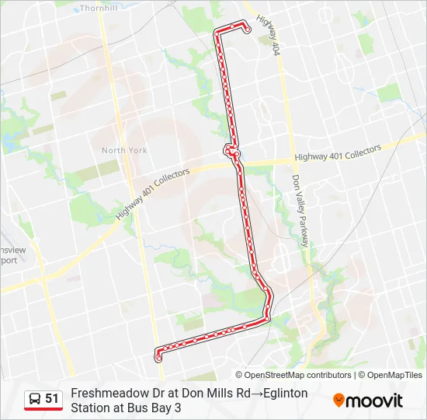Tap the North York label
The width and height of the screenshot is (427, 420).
click(123, 150)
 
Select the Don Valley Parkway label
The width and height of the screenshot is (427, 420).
click(300, 210)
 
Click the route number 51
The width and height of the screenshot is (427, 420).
click(52, 399)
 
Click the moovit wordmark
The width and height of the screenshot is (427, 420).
click(374, 401)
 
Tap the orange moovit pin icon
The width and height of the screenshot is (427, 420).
click(338, 401)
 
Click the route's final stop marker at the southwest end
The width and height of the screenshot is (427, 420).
click(159, 359)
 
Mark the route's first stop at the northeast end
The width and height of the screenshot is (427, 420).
click(247, 31)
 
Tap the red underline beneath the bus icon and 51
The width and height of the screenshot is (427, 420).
click(43, 410)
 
